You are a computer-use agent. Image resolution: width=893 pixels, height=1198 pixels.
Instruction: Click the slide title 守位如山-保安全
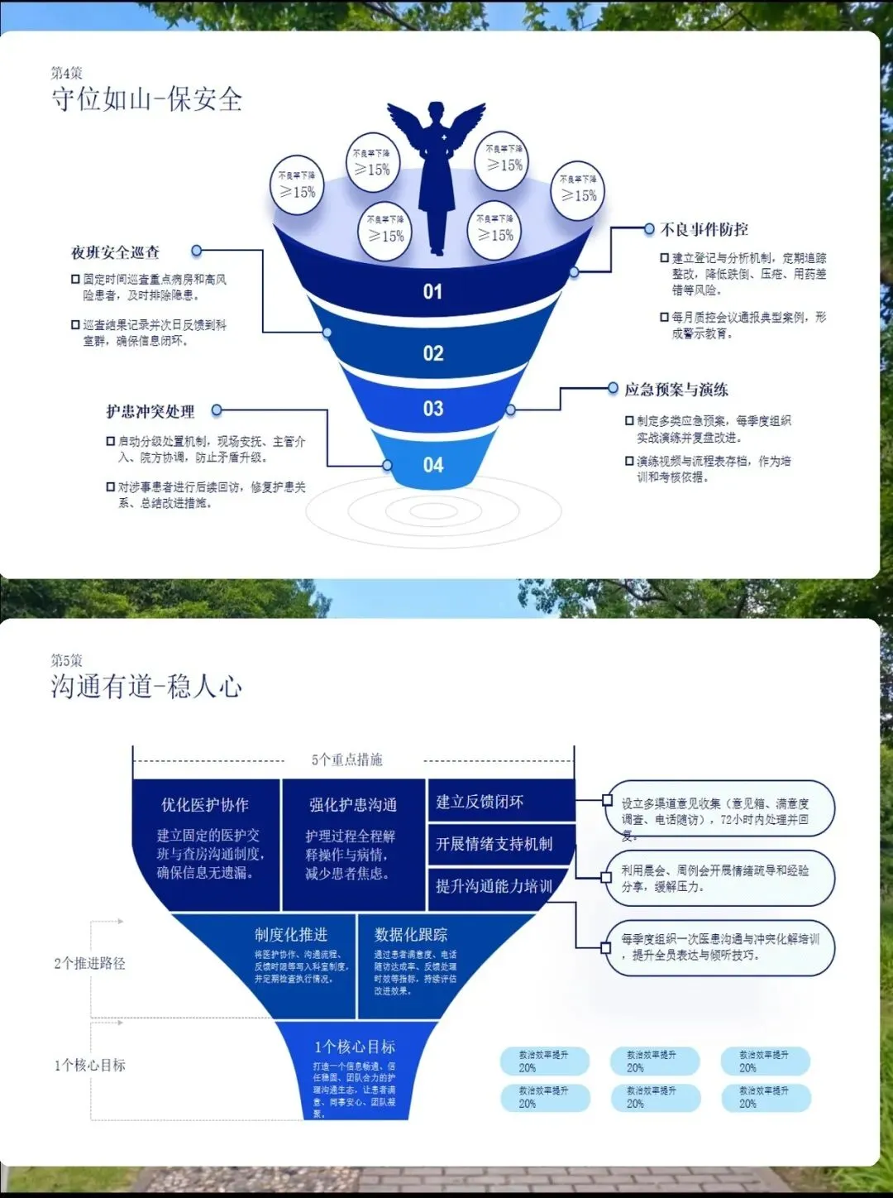pos(146,100)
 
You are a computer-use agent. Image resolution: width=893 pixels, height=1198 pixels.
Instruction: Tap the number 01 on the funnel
pos(432,291)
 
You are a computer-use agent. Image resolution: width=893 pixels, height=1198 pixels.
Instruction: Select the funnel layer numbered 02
pos(433,353)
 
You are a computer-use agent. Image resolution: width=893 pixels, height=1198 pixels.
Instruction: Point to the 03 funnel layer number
pos(433,409)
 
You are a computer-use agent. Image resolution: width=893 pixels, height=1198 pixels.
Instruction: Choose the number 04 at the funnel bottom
pos(433,465)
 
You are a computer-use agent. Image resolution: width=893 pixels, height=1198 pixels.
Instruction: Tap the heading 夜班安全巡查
pos(116,252)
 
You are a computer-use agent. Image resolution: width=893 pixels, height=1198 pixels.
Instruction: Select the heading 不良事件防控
pos(704,229)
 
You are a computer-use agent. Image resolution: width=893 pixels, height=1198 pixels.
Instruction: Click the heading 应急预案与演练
pos(676,389)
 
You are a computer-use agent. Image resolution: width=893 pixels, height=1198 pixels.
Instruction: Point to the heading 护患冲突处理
pos(150,411)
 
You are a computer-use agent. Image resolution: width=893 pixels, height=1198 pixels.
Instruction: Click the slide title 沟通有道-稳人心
pos(146,687)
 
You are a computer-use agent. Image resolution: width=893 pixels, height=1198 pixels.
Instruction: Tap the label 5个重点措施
pos(347,760)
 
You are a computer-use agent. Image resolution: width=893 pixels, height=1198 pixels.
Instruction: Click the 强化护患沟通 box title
pos(353,805)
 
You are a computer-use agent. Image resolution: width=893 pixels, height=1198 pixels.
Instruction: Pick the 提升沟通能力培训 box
pos(494,886)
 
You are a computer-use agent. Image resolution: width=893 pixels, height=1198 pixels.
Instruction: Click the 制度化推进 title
pos(291,935)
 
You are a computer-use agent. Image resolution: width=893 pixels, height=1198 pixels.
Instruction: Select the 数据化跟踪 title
pos(411,935)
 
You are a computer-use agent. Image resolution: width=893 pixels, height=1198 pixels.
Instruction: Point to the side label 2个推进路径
pos(90,963)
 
